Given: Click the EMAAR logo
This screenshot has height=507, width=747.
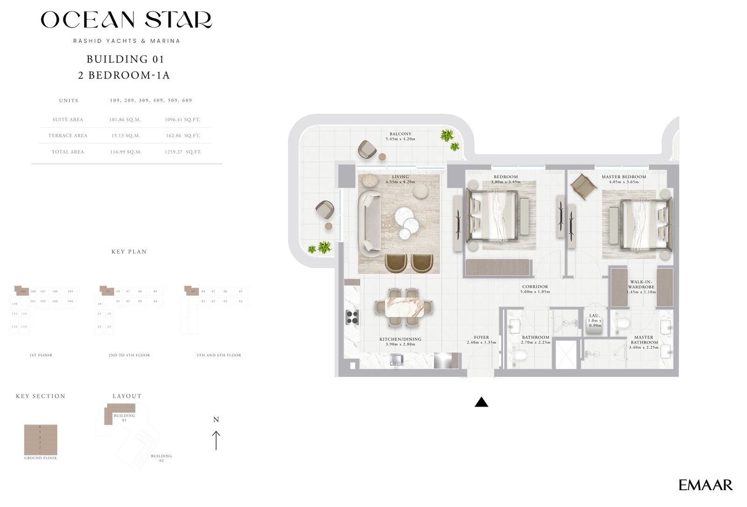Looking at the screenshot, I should point(705,485).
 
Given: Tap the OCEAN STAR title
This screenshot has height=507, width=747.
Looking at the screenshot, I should point(126,20).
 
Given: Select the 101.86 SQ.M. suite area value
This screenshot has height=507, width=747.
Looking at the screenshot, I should point(125,120).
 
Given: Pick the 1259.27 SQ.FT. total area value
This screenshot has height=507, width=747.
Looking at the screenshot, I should point(183,152).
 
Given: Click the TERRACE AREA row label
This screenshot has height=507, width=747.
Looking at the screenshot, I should point(68,136).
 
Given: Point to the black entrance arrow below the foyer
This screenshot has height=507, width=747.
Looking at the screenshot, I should point(481,402).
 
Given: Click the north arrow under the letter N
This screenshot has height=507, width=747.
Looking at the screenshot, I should point(216,440).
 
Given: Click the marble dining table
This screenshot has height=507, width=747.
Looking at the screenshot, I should point(405,307).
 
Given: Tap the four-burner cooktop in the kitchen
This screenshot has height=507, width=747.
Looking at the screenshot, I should point(352,317).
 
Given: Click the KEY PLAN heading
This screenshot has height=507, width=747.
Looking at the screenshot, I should point(129,251).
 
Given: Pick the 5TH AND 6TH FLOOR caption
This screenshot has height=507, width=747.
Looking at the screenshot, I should point(219,355).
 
